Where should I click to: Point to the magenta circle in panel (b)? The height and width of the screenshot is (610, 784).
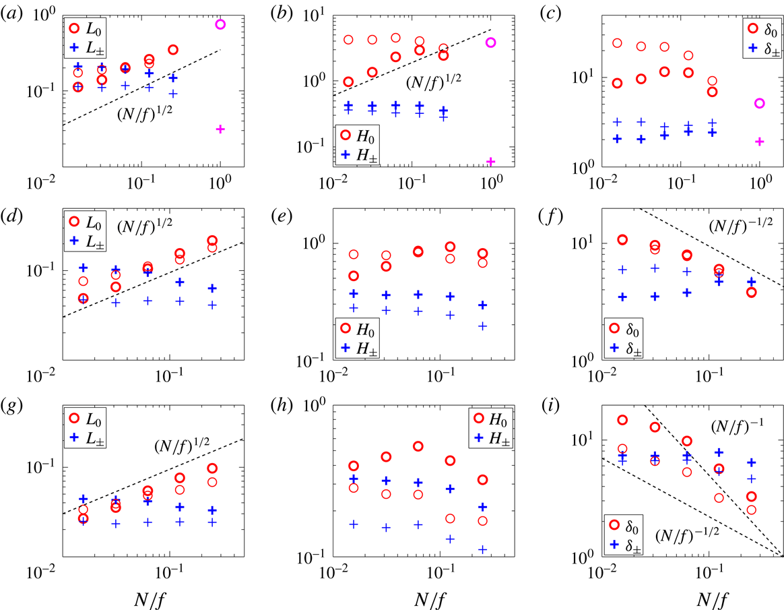pyautogui.click(x=490, y=42)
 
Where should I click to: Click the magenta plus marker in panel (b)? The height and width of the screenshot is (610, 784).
pyautogui.click(x=490, y=161)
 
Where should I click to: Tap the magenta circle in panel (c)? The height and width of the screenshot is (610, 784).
pyautogui.click(x=759, y=103)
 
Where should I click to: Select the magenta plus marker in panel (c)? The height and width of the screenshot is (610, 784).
pyautogui.click(x=759, y=142)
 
